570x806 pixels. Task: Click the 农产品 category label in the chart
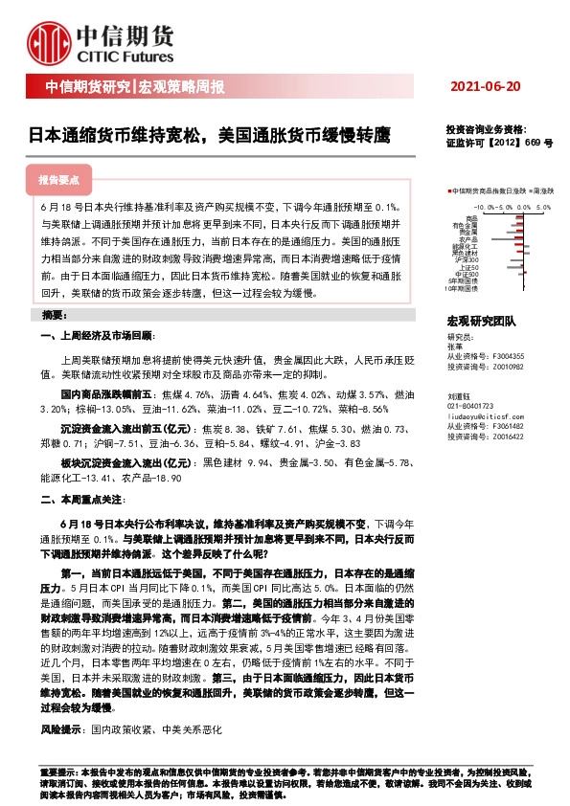tap(468, 239)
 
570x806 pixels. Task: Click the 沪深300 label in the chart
tap(467, 259)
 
